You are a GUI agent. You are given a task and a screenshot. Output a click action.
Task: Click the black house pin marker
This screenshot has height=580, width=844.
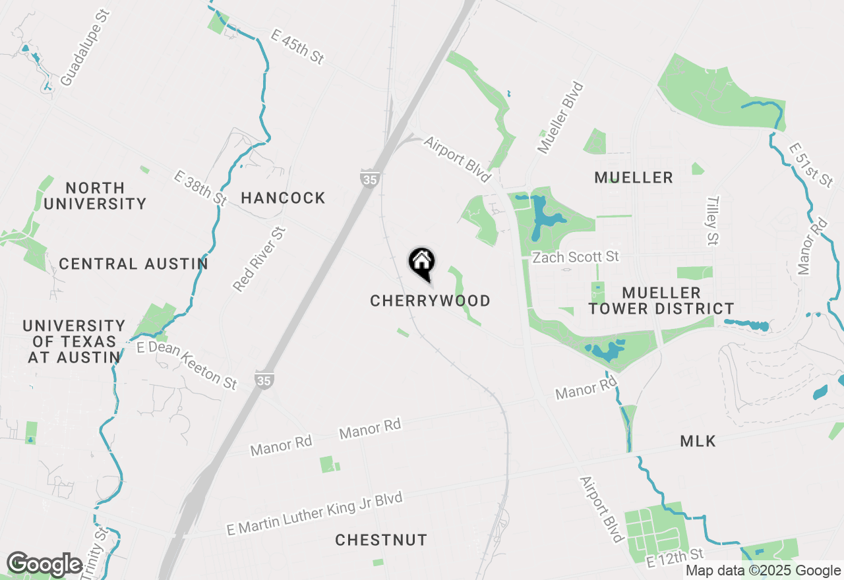pos(421,263)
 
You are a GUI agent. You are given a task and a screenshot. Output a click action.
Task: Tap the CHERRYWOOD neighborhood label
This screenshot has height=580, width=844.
pos(430,301)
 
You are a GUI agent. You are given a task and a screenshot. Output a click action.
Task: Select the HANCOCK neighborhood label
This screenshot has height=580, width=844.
pos(283,198)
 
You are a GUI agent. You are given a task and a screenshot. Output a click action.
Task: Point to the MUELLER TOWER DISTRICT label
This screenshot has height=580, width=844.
pos(661,301)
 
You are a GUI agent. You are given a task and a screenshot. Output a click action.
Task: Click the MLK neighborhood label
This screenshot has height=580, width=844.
pos(698,442)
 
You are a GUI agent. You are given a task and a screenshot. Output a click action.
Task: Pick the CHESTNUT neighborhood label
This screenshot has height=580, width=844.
pos(381,540)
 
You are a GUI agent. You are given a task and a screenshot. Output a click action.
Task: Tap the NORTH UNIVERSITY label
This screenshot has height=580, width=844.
pos(95,196)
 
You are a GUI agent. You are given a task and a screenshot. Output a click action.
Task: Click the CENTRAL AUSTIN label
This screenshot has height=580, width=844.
pos(133,264)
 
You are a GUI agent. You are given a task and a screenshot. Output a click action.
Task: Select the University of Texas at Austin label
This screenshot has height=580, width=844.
pos(74,341)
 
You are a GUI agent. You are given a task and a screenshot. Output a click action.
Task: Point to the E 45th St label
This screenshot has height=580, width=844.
pos(297,46)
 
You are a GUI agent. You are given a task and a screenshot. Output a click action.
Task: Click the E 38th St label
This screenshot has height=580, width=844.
pos(200,188)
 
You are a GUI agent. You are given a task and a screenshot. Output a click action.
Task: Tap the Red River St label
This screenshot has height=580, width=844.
pos(260,259)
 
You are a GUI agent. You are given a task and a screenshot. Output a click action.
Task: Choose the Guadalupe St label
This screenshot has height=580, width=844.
pos(84,47)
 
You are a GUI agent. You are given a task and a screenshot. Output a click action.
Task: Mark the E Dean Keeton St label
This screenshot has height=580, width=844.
pos(187,364)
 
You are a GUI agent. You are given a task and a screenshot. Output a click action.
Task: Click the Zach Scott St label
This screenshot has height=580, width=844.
pos(576,256)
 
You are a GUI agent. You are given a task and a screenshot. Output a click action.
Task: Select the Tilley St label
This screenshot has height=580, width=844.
pos(711,219)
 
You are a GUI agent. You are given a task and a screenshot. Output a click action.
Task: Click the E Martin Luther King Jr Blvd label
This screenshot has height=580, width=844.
pos(314,514)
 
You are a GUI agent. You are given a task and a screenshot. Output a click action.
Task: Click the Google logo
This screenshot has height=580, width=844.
pos(44,564)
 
